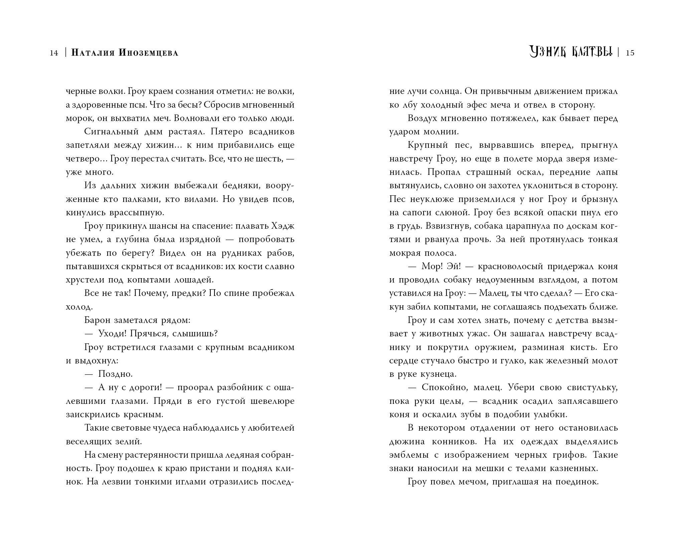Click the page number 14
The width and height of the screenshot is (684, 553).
pos(54,53)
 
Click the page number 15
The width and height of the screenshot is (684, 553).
pos(630,53)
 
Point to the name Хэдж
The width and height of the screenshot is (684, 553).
pos(283,226)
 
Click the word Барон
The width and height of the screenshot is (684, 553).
pos(97,320)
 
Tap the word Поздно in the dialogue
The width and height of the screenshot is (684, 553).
pos(115,374)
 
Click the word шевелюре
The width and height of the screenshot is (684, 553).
pos(272,401)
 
